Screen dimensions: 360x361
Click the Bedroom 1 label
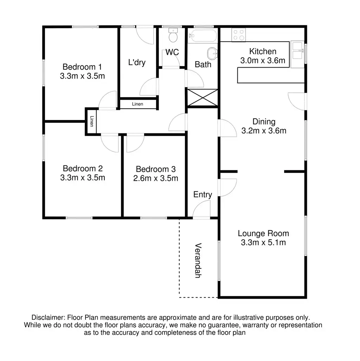pyautogui.click(x=82, y=67)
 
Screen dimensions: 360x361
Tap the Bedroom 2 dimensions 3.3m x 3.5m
pyautogui.click(x=83, y=178)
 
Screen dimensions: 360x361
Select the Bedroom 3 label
pyautogui.click(x=156, y=169)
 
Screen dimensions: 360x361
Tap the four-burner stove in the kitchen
pyautogui.click(x=238, y=34)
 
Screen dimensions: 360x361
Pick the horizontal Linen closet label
pyautogui.click(x=137, y=104)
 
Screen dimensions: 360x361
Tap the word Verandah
pyautogui.click(x=198, y=261)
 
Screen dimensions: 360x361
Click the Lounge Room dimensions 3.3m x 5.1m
pyautogui.click(x=263, y=242)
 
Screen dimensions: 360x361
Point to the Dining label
pyautogui.click(x=264, y=122)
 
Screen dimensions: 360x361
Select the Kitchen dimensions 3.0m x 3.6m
pyautogui.click(x=263, y=61)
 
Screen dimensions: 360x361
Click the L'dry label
pyautogui.click(x=137, y=63)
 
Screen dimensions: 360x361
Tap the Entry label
pyautogui.click(x=203, y=195)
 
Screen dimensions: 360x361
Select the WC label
pyautogui.click(x=172, y=52)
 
